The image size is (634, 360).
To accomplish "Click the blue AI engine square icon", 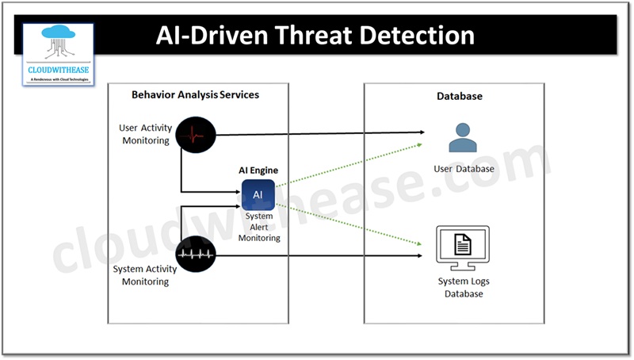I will point(258,195).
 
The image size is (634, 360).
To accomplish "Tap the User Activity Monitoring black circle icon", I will point(196,135).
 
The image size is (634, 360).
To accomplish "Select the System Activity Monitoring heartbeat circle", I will point(196,255).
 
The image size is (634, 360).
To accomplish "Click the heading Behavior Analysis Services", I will point(195,95).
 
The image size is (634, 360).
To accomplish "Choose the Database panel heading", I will point(460,97).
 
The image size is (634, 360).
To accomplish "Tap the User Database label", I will point(464,169).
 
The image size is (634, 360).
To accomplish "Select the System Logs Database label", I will point(464,287).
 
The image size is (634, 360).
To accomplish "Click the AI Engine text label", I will point(258,170).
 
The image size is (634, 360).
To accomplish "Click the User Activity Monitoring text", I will point(144,134).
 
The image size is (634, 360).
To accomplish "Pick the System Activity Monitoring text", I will point(146,275).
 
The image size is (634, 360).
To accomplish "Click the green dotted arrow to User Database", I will point(349,165).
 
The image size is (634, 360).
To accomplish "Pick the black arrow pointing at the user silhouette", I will point(317,132).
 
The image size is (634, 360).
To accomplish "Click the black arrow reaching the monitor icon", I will point(317,255).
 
